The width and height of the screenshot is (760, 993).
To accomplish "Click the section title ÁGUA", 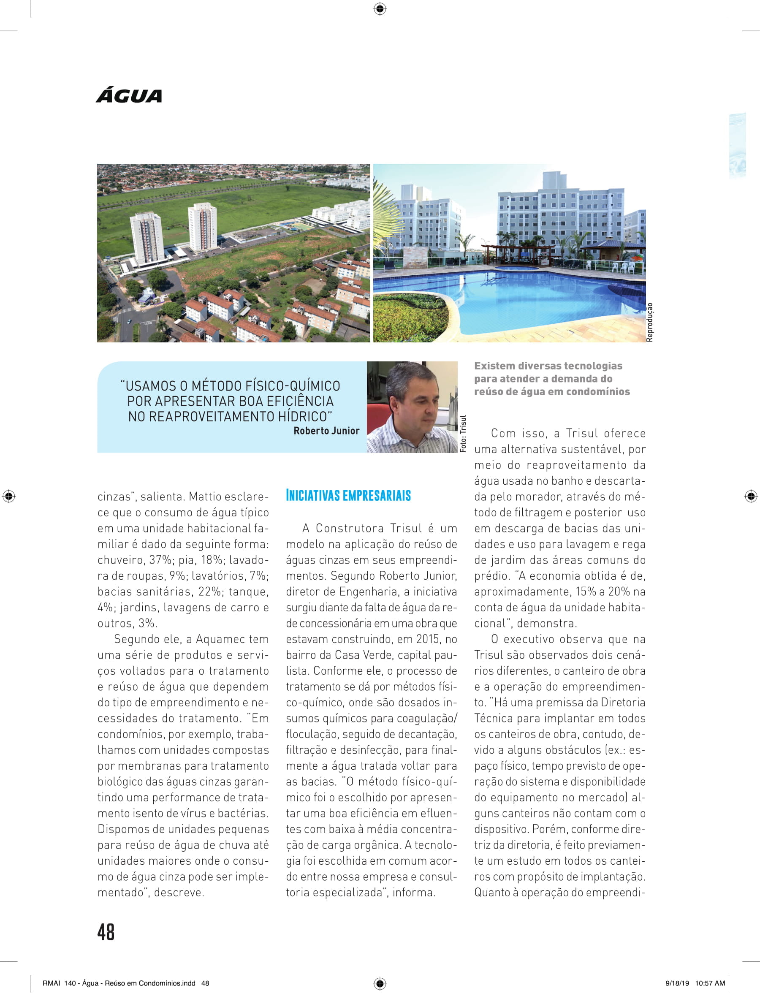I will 129,96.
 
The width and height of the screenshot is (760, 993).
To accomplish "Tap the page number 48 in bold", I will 106,932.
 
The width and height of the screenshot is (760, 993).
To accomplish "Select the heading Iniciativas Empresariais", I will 348,495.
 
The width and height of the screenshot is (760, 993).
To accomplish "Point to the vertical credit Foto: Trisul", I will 463,434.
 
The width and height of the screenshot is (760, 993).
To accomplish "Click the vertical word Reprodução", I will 650,322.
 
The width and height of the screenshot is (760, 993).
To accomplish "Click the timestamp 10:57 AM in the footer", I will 710,983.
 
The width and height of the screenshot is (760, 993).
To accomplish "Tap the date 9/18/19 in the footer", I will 677,983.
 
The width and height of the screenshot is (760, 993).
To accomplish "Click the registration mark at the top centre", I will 380,8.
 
